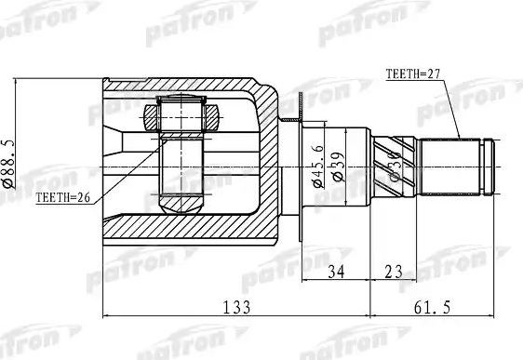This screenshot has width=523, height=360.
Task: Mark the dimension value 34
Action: coord(337,273)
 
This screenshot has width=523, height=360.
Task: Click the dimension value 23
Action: coord(393,273)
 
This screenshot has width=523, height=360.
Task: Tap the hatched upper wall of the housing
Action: coord(186,87)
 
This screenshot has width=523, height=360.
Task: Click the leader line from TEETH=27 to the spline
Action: coord(451,107)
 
